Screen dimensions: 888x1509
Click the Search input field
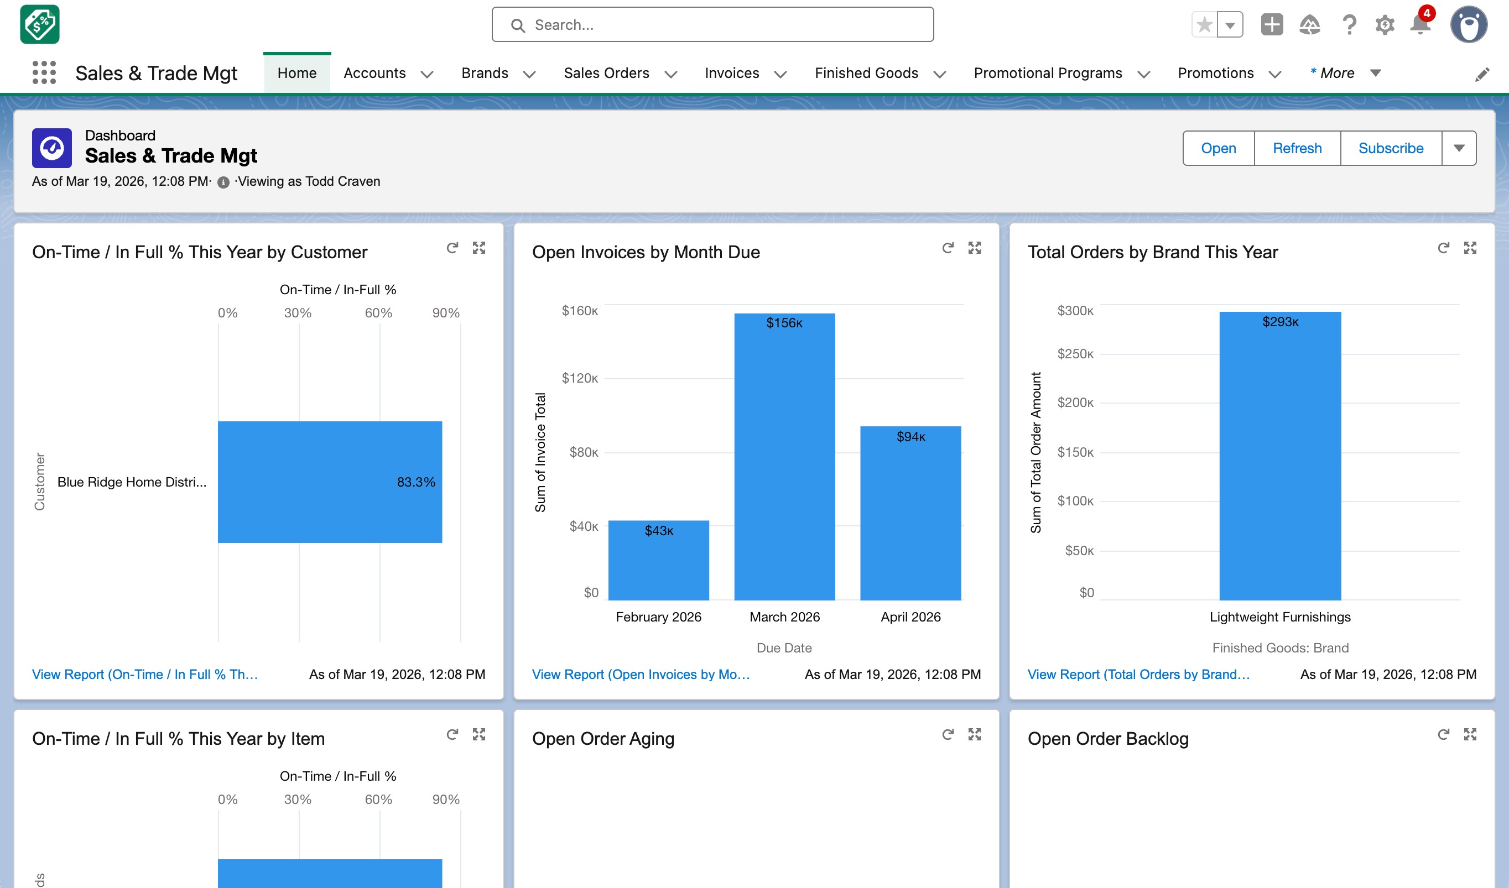click(712, 24)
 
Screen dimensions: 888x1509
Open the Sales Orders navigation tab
click(606, 73)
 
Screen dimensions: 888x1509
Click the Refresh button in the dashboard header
click(1297, 148)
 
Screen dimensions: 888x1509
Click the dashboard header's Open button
click(1218, 148)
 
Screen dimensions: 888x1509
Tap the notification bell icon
click(1420, 24)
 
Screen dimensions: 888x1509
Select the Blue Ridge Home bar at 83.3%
click(329, 482)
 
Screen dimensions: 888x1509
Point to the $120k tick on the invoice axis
click(579, 378)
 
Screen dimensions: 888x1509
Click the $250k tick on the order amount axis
click(1075, 354)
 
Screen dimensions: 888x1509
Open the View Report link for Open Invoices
click(640, 675)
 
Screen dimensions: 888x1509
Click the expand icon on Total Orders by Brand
click(1470, 248)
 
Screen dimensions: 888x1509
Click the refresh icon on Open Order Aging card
click(948, 734)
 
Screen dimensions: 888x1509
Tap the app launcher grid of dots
click(44, 72)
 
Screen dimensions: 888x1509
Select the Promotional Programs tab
click(1047, 73)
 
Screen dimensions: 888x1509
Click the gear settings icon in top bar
click(1385, 24)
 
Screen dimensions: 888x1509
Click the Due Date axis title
click(784, 647)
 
